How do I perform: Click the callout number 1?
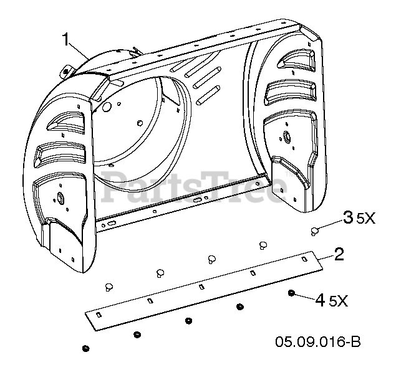pyautogui.click(x=65, y=40)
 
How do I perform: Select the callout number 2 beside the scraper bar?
pyautogui.click(x=339, y=254)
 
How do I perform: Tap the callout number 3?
pyautogui.click(x=348, y=217)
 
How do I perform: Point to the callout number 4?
pyautogui.click(x=321, y=300)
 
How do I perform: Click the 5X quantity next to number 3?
pyautogui.click(x=365, y=219)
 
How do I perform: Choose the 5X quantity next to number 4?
pyautogui.click(x=339, y=301)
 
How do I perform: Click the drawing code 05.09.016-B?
pyautogui.click(x=318, y=342)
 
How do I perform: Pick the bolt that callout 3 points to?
pyautogui.click(x=314, y=231)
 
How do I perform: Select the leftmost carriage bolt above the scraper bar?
pyautogui.click(x=109, y=287)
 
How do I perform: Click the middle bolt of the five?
pyautogui.click(x=211, y=259)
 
